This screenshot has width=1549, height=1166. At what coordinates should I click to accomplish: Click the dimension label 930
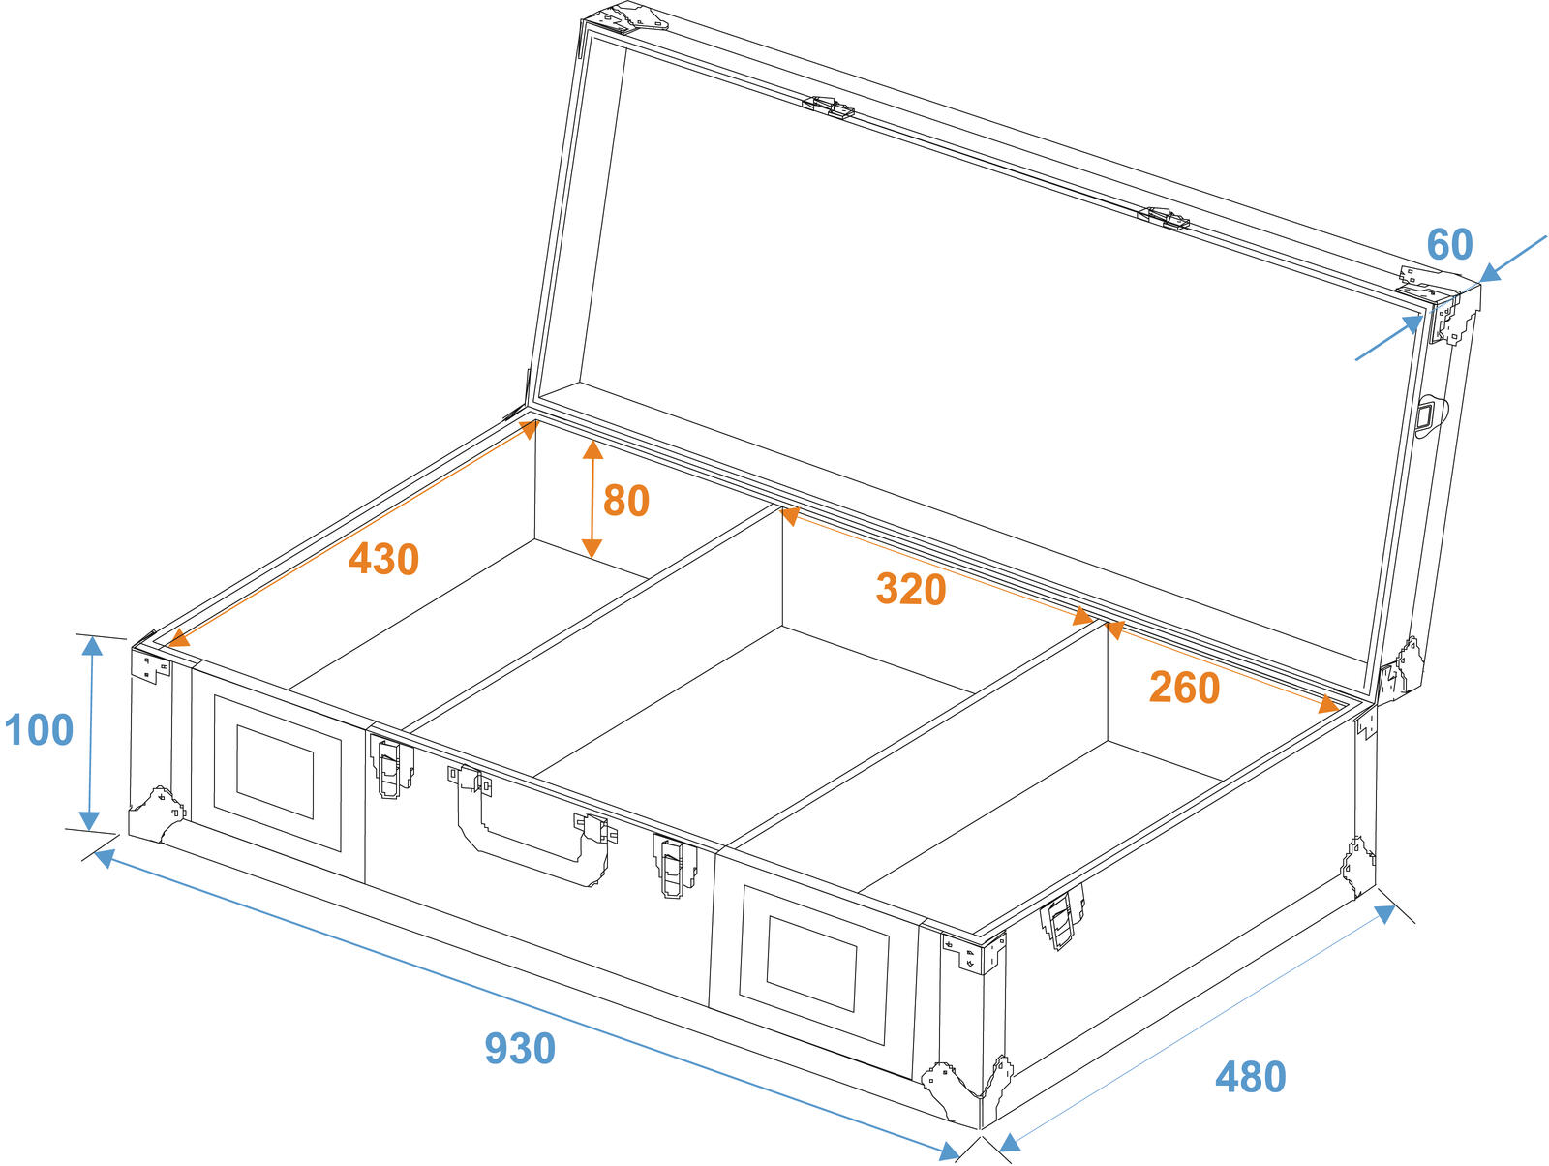pos(520,1048)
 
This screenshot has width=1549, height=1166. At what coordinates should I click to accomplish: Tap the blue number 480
pos(1251,1077)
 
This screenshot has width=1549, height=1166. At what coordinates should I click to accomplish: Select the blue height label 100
pos(39,730)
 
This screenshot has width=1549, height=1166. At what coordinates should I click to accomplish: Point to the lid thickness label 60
pos(1449,244)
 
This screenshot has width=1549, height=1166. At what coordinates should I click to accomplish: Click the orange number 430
pos(383,559)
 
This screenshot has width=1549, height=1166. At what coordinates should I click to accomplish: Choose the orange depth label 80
pos(626,501)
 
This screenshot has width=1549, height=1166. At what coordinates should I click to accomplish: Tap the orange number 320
pos(910,589)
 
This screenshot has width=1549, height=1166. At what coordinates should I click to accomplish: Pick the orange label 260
pos(1184,688)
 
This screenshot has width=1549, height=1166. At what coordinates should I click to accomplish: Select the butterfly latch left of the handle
pos(391,766)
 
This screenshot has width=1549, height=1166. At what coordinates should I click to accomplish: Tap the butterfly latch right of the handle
pos(674,866)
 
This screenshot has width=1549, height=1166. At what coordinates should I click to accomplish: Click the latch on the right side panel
pos(1061,917)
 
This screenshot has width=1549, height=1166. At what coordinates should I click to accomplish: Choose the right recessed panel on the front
pos(813,965)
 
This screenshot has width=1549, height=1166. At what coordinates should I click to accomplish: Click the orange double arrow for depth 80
pos(592,499)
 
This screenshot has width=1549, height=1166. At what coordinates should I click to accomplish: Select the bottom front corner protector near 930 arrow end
pos(968,1091)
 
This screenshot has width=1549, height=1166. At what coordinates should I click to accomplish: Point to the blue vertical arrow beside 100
pos(91,733)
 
